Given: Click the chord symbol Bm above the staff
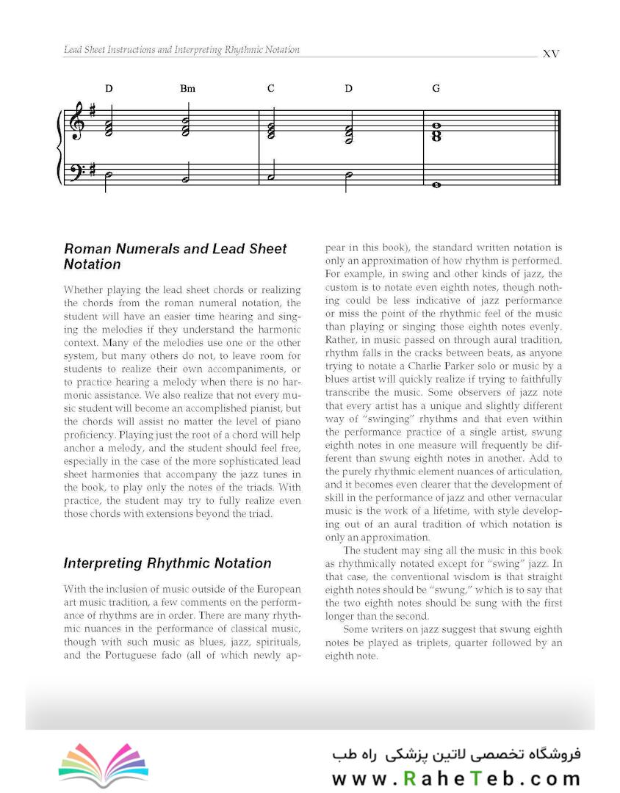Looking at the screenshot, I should click(x=187, y=89).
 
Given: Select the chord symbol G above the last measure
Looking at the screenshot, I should click(x=436, y=89).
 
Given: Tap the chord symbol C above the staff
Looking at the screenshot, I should click(x=270, y=89).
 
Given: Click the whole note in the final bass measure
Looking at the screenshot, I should click(x=436, y=185).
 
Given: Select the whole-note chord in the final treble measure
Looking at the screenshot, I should click(x=436, y=132).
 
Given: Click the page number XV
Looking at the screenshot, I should click(x=550, y=54).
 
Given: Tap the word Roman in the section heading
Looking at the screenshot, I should click(x=87, y=249).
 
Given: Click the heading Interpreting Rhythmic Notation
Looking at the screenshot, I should click(x=167, y=563).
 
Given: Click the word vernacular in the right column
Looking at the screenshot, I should click(x=532, y=498).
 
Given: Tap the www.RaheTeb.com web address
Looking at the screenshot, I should click(x=455, y=778).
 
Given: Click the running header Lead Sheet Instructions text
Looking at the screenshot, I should click(x=181, y=50).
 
